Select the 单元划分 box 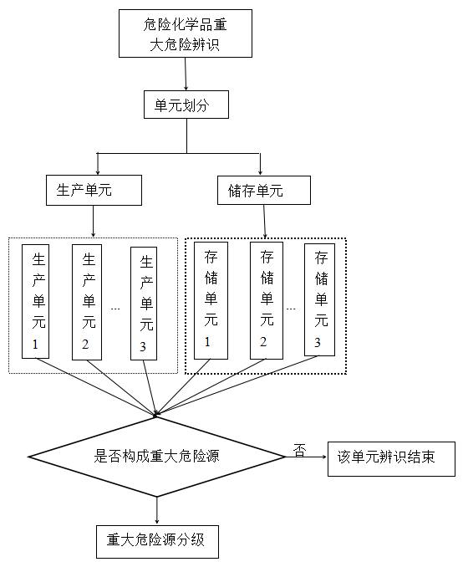tap(186, 105)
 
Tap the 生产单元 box tap(93, 191)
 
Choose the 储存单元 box tap(263, 191)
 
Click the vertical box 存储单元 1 tap(211, 299)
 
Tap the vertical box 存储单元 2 tap(267, 299)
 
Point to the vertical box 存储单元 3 tap(319, 299)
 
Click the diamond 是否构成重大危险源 tap(156, 457)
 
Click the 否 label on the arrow tap(298, 450)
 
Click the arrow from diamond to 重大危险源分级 tap(156, 510)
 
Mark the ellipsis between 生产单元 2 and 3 tap(115, 309)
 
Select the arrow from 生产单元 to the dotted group tap(93, 221)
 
